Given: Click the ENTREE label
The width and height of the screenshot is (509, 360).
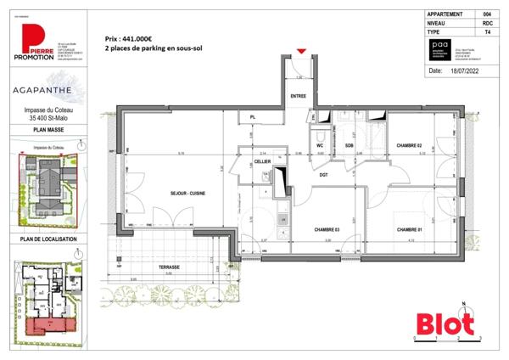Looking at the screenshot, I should point(299,96).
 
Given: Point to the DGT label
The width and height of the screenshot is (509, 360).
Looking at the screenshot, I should point(323,174).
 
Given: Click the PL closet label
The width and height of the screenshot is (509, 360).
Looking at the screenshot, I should point(252,116).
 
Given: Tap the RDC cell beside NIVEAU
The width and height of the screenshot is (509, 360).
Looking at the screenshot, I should point(487,21).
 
